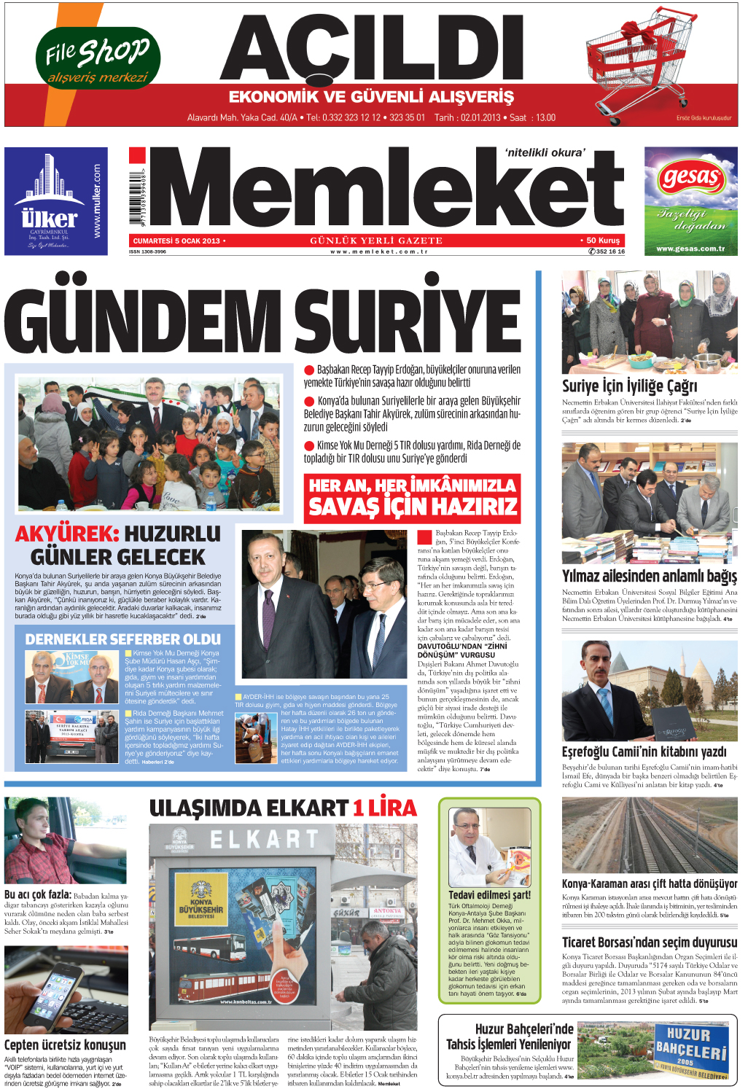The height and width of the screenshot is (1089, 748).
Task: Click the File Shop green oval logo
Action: [x=98, y=58]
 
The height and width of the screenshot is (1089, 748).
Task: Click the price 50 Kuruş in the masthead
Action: [x=602, y=241]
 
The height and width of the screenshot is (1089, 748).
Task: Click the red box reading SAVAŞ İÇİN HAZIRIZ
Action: [x=412, y=499]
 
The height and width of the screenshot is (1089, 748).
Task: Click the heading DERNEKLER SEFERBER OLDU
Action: [x=122, y=639]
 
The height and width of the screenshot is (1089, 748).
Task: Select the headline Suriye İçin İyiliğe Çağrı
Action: [x=629, y=386]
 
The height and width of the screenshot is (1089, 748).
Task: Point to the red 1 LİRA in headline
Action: [x=385, y=808]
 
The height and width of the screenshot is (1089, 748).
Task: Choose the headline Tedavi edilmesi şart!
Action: [x=489, y=895]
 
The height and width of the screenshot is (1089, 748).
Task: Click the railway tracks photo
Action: [x=649, y=835]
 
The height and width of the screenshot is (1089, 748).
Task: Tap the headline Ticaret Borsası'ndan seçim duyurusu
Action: [x=649, y=942]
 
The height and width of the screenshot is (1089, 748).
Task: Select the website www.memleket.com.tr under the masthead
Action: [x=378, y=251]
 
